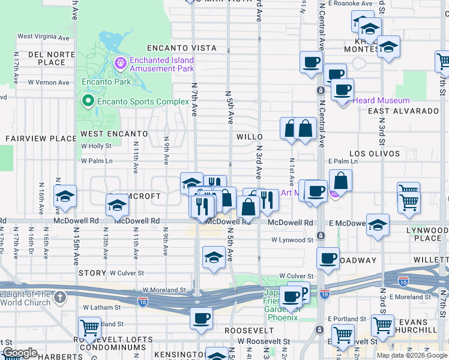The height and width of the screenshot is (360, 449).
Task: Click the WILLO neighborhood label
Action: click(x=249, y=137)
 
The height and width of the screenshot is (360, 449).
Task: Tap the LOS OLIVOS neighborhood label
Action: click(x=375, y=154)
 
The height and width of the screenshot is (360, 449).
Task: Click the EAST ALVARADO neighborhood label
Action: click(x=403, y=111)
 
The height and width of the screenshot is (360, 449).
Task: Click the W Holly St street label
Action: click(x=96, y=146)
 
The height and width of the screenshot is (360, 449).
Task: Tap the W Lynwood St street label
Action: click(x=292, y=240)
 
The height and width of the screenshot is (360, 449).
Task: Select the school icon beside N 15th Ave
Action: click(x=64, y=196)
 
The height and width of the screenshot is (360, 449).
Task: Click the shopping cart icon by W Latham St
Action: click(x=89, y=328)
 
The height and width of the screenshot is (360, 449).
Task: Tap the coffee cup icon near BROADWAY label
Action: click(x=328, y=258)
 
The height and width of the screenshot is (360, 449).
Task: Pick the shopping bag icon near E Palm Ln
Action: click(x=340, y=180)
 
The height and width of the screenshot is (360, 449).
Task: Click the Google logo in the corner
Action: click(x=20, y=353)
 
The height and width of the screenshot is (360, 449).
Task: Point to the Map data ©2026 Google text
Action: click(x=411, y=355)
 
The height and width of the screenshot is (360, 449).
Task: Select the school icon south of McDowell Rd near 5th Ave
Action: click(x=214, y=257)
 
